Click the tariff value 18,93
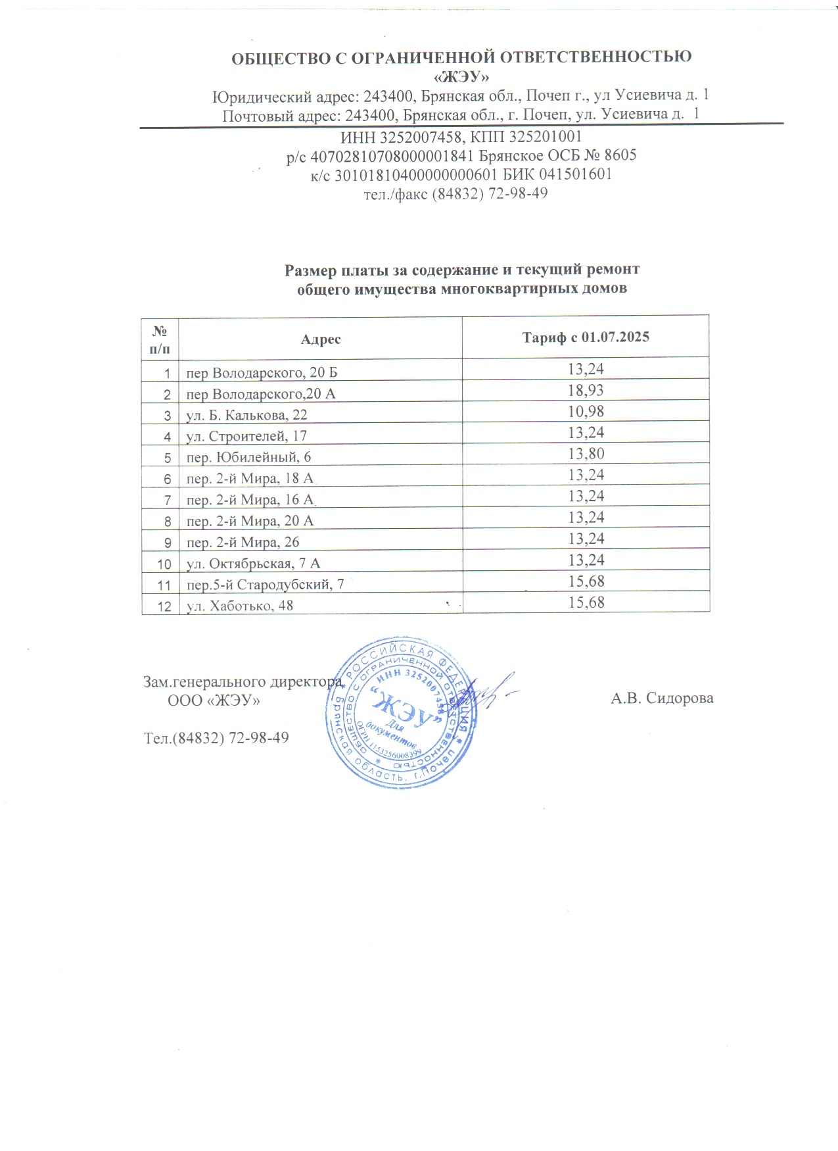(x=586, y=390)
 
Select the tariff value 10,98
(x=586, y=412)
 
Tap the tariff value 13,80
(x=586, y=454)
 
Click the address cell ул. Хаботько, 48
(x=240, y=606)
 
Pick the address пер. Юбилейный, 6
(x=249, y=458)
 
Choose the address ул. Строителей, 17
(x=246, y=436)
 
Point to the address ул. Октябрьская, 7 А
(x=254, y=564)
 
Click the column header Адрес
(x=321, y=339)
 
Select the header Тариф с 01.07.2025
(x=586, y=337)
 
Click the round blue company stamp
(x=402, y=712)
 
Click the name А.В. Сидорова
(x=662, y=698)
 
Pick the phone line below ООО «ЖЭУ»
(x=216, y=738)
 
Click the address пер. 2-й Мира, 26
(x=243, y=543)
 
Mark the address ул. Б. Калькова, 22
(x=246, y=415)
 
